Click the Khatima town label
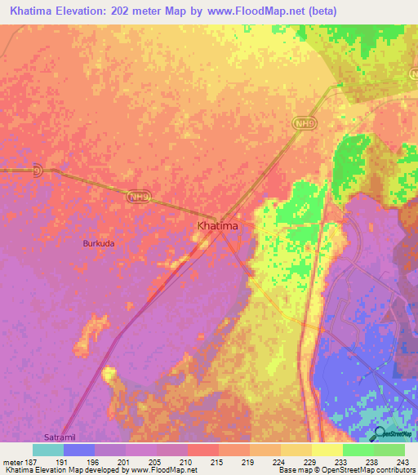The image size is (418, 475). [x=218, y=225]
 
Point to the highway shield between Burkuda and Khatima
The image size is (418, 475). [x=136, y=196]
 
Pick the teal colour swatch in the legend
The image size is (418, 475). [x=48, y=449]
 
